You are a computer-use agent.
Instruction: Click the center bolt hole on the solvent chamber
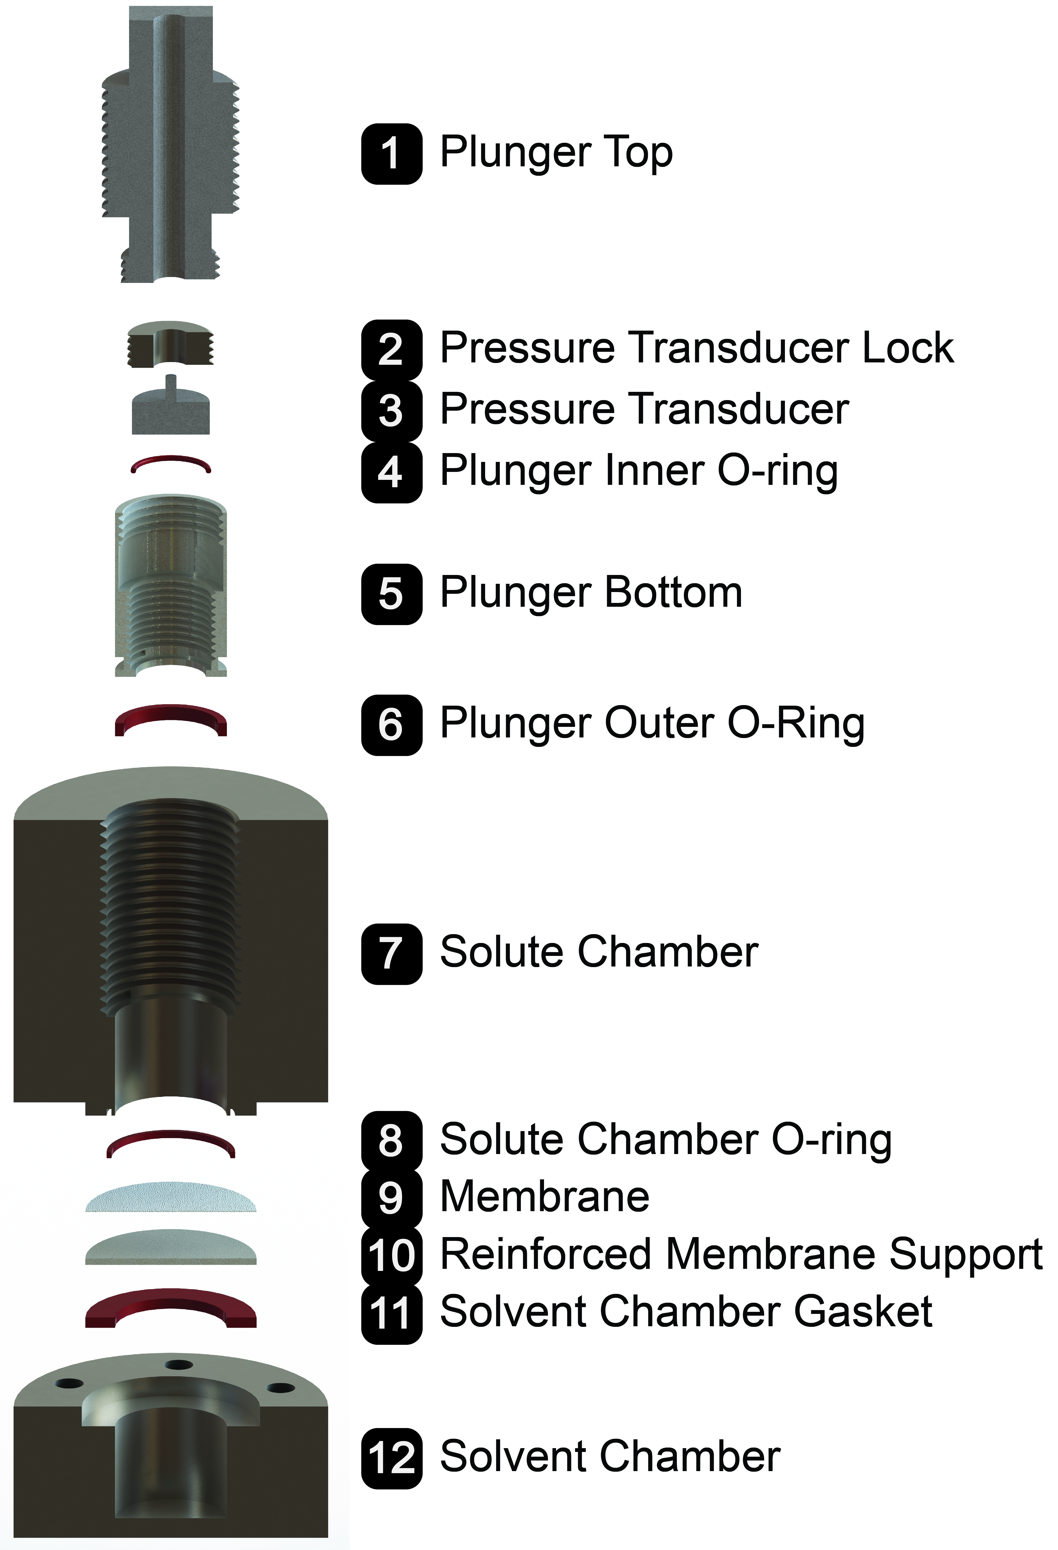179,1365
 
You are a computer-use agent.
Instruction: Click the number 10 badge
391,1254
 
